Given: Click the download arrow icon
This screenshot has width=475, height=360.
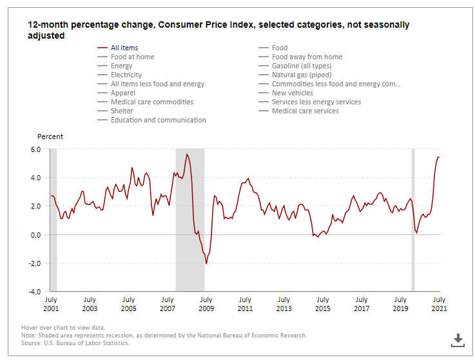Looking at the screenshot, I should coord(458,339).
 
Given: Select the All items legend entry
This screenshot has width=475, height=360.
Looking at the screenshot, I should coord(124,48).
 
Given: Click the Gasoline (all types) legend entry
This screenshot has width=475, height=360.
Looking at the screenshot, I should coord(301,66).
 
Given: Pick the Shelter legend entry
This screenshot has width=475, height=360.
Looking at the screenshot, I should coord(123,111).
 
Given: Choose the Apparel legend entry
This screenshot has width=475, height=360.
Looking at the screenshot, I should coord(124,93).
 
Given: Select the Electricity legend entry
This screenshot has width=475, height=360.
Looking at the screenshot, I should coord(126,75).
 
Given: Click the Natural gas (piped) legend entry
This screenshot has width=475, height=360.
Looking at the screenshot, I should coord(302,75).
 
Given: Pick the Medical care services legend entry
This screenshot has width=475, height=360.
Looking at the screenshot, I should coord(305,111).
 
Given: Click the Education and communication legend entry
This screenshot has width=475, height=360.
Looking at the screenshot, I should coord(158,120).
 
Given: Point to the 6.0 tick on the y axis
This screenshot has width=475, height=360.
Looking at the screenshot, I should coord(36,149).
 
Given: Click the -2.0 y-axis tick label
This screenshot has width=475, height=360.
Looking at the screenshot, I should coord(35,263).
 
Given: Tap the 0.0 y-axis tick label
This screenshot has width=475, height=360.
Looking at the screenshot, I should coord(36,234).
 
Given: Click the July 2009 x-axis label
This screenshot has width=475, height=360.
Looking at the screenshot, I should coord(206,304).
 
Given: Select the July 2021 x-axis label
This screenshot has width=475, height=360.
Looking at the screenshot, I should coord(439,304).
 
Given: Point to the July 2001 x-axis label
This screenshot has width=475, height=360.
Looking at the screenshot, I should coord(50,304).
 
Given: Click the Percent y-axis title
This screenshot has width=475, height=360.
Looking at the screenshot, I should coord(50,137).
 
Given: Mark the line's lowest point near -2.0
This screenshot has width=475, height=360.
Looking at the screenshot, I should coord(206,263).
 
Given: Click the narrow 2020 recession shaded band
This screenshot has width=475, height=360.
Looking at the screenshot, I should coord(413,219).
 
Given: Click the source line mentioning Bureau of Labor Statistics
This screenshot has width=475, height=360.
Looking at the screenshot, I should coord(75,343).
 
